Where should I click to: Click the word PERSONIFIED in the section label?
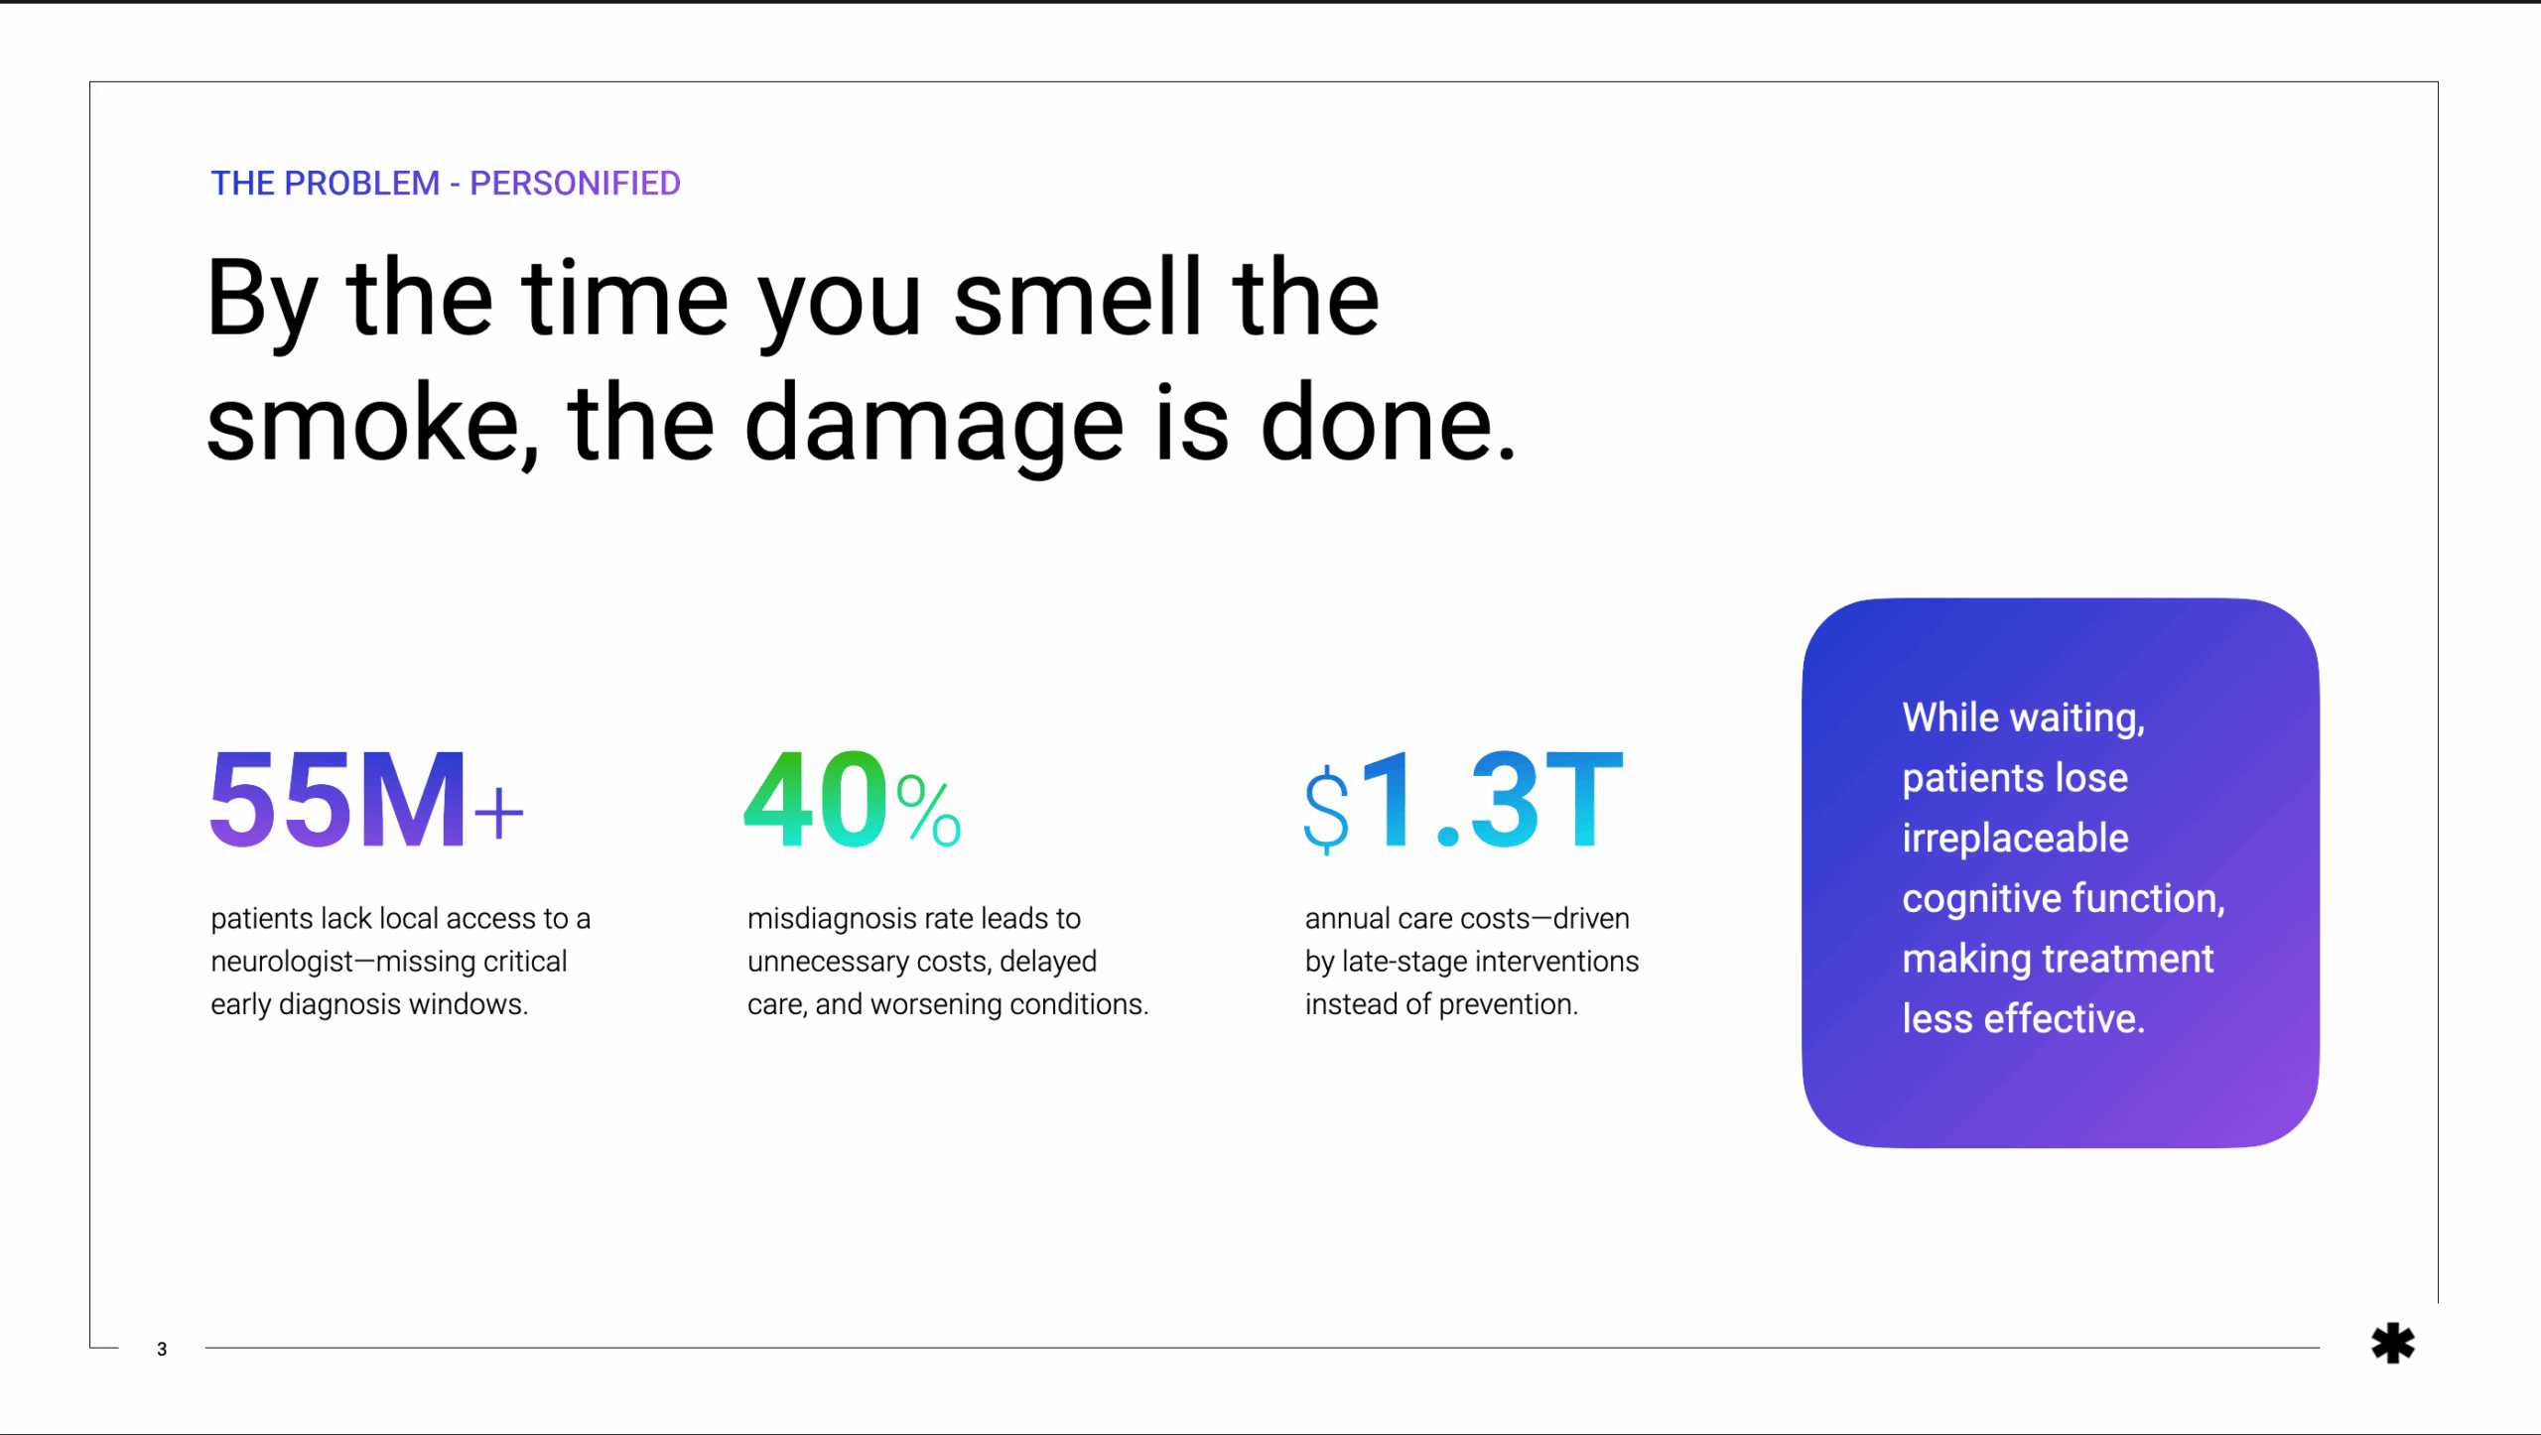coord(575,184)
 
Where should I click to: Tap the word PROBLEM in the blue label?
coord(361,184)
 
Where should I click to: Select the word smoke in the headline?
coord(363,423)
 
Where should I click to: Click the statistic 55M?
coord(337,800)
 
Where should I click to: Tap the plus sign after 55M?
coord(498,814)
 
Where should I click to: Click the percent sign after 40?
coord(928,811)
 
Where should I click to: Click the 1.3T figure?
coord(1492,800)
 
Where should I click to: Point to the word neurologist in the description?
coord(283,963)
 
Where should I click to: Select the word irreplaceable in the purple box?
coord(2015,839)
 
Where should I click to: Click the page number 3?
coord(162,1350)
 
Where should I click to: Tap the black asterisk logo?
coord(2393,1344)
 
